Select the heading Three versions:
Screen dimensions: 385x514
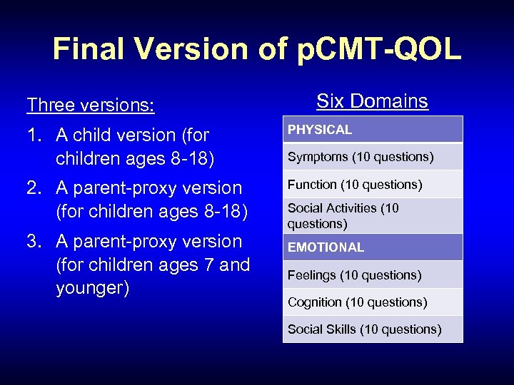[x=90, y=105]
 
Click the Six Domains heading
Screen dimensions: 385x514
[x=372, y=101]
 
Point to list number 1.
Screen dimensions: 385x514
[x=34, y=135]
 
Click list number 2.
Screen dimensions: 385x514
[x=34, y=188]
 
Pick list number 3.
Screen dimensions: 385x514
[x=34, y=242]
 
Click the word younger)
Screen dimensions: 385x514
[x=92, y=289]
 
